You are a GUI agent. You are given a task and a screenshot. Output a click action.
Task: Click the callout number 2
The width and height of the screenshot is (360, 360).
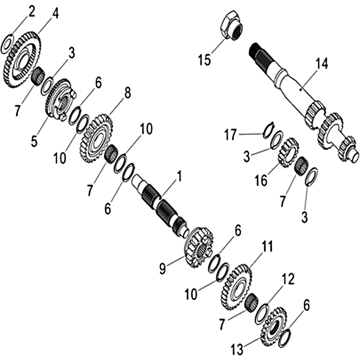[x=31, y=12]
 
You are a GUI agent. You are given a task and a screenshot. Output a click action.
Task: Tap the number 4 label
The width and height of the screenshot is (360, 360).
[x=55, y=13]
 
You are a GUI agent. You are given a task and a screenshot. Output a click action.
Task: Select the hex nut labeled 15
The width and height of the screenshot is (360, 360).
[x=232, y=25]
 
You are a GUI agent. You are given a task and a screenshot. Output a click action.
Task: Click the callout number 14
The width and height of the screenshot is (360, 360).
[x=321, y=63]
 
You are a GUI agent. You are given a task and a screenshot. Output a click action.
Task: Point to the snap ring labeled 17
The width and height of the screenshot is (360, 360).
[x=267, y=130]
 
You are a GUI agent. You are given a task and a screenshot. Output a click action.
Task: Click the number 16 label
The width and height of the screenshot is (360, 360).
[x=261, y=180]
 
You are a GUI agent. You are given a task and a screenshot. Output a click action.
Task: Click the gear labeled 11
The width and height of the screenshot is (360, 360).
[x=236, y=287]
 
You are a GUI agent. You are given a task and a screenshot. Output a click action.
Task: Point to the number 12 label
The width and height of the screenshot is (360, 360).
[x=287, y=279]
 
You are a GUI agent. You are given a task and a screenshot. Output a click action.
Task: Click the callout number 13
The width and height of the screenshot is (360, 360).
[x=237, y=350]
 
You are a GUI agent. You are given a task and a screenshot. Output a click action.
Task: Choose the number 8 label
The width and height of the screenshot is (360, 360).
[x=126, y=93]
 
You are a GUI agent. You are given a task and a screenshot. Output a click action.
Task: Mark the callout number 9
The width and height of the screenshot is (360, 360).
[x=162, y=269]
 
